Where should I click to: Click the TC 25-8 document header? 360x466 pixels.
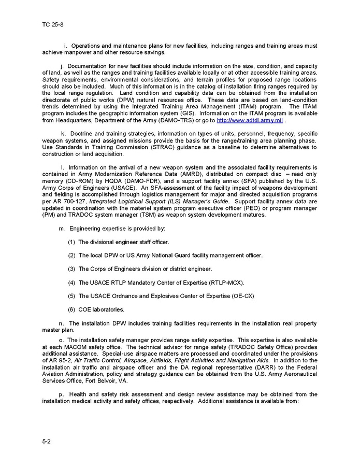tap(53, 24)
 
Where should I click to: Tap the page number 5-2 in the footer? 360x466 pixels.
tap(47, 441)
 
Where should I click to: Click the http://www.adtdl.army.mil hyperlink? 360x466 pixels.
tap(249, 120)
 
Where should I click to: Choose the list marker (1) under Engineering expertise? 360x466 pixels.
tap(71, 242)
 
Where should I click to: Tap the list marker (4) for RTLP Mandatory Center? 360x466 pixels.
tap(71, 283)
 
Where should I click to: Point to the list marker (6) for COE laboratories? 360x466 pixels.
tap(71, 309)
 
